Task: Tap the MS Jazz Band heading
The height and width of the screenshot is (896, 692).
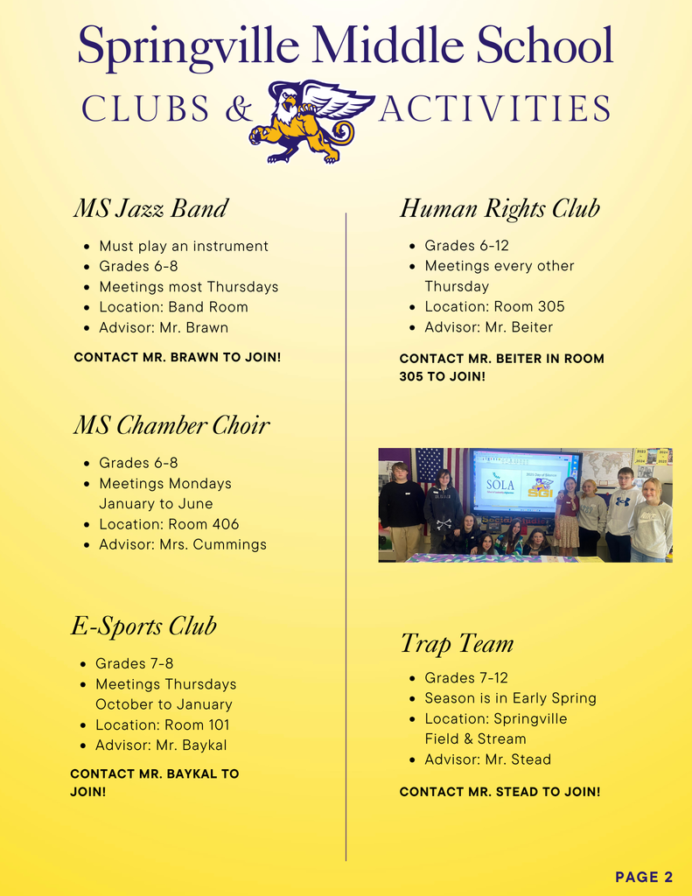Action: click(150, 208)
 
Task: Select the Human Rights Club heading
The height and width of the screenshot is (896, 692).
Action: click(500, 208)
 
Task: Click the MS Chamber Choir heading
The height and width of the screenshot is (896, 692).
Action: click(171, 425)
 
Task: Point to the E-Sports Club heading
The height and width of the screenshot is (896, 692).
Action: click(143, 626)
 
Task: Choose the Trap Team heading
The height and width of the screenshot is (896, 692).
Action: click(457, 644)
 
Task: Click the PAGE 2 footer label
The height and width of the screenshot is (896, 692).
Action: click(644, 877)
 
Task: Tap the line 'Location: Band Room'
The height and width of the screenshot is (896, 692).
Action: click(173, 307)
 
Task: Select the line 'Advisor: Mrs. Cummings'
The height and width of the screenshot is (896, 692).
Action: click(182, 544)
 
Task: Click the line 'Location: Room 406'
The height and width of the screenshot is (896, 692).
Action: click(169, 524)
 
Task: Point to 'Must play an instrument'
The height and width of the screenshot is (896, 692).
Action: click(184, 247)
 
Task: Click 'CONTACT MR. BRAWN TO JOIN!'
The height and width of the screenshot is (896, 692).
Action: click(178, 357)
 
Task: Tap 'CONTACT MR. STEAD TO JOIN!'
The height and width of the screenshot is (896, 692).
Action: click(500, 792)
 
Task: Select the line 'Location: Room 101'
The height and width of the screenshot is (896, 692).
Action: click(163, 724)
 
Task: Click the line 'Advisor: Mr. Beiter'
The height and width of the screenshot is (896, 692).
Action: click(488, 327)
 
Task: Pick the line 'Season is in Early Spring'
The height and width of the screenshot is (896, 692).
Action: click(510, 698)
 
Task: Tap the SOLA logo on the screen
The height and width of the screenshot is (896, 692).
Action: click(500, 484)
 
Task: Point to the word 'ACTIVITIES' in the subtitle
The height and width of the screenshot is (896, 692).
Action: click(494, 110)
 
